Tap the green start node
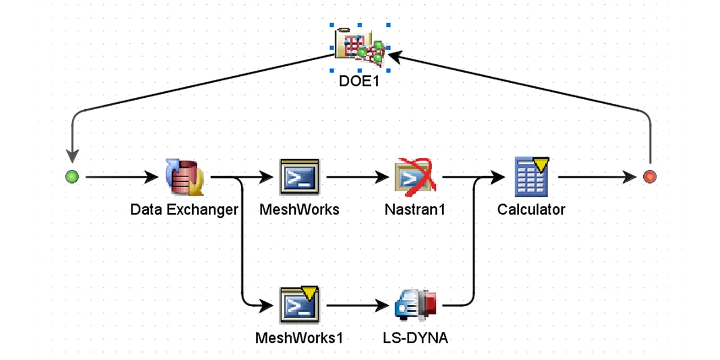pyautogui.click(x=72, y=177)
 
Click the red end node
pyautogui.click(x=649, y=177)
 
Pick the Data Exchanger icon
pyautogui.click(x=184, y=177)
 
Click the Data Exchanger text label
pyautogui.click(x=184, y=210)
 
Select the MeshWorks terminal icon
pyautogui.click(x=299, y=177)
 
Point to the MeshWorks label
pyautogui.click(x=299, y=210)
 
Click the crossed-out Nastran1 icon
pyautogui.click(x=415, y=177)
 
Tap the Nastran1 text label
pyautogui.click(x=415, y=210)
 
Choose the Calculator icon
pyautogui.click(x=532, y=177)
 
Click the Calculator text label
pyautogui.click(x=532, y=210)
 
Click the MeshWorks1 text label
pyautogui.click(x=299, y=338)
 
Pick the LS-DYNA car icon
pyautogui.click(x=415, y=305)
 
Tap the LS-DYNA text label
pyautogui.click(x=415, y=338)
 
